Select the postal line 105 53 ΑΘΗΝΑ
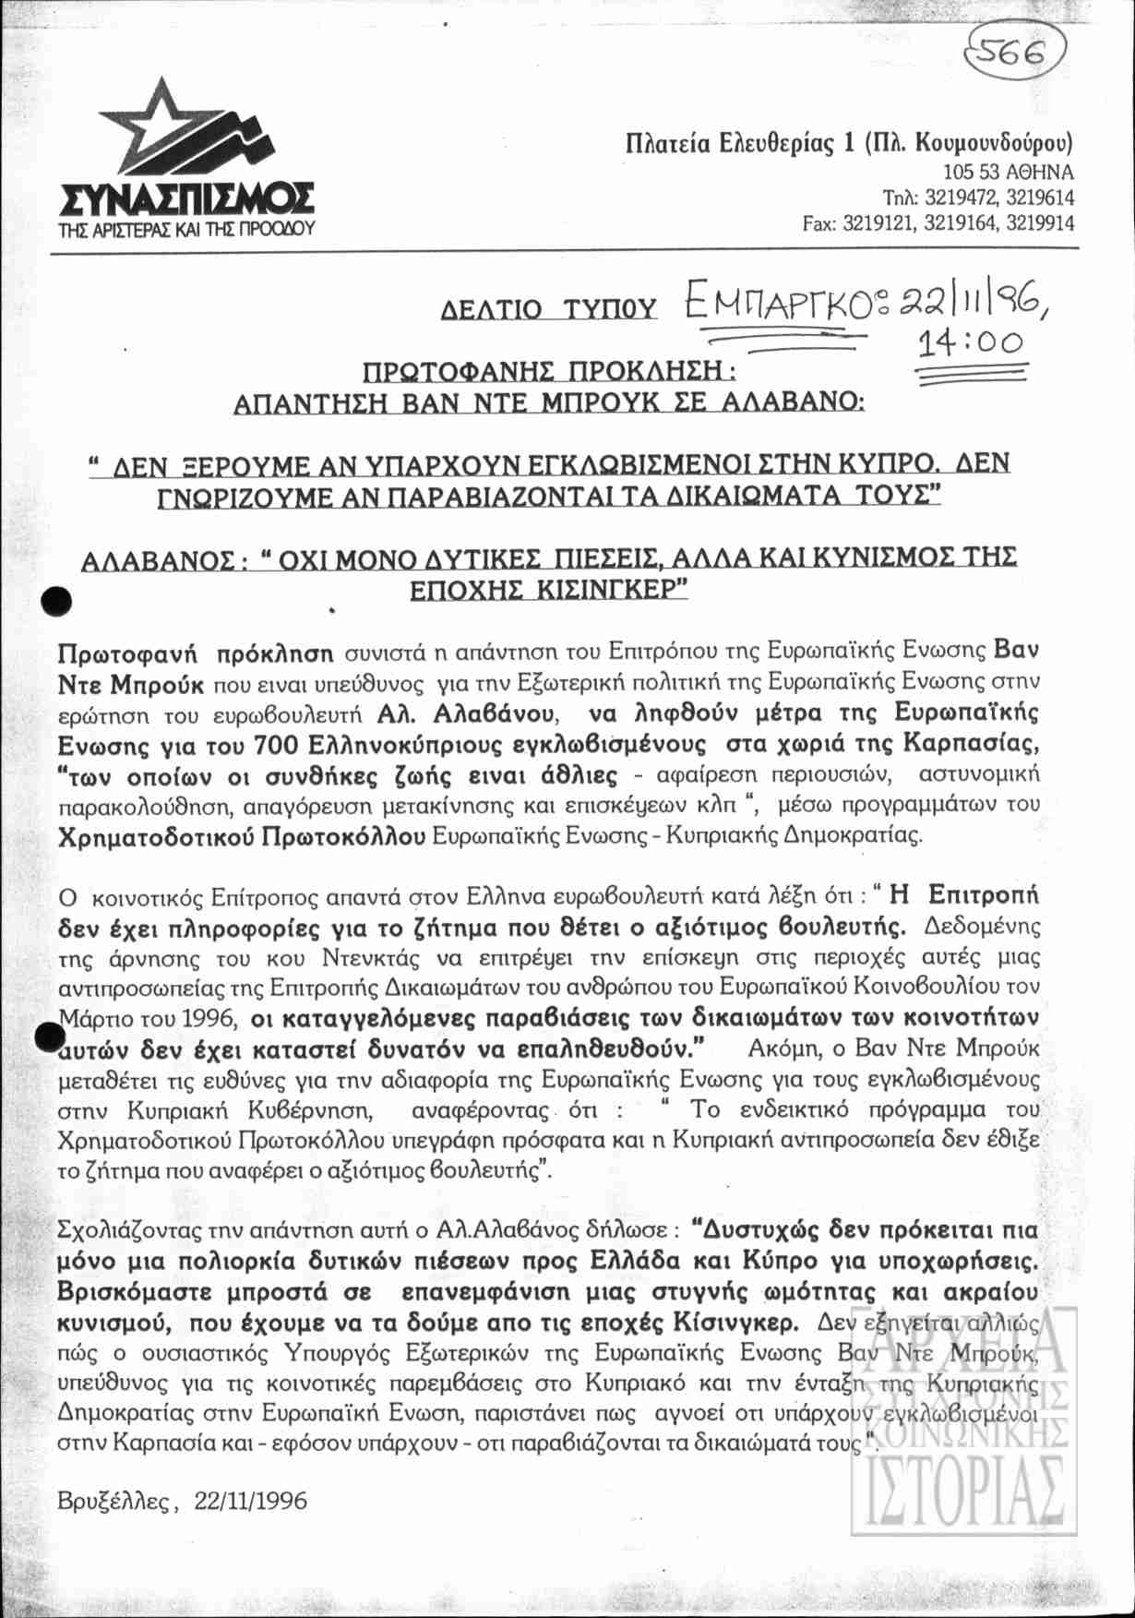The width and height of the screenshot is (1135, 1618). [1008, 173]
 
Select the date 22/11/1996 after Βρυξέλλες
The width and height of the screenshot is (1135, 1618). [249, 1500]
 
